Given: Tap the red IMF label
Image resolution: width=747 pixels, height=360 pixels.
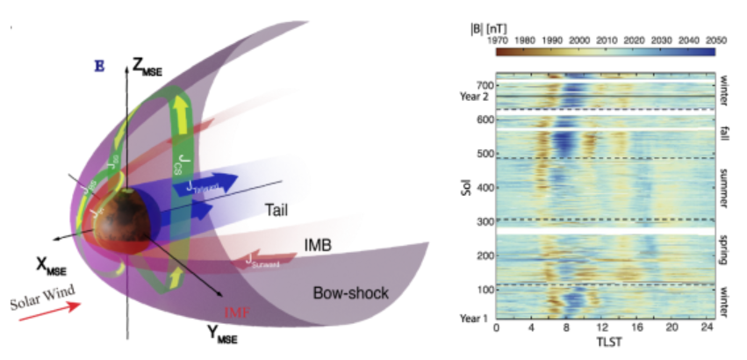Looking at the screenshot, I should click(233, 312).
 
